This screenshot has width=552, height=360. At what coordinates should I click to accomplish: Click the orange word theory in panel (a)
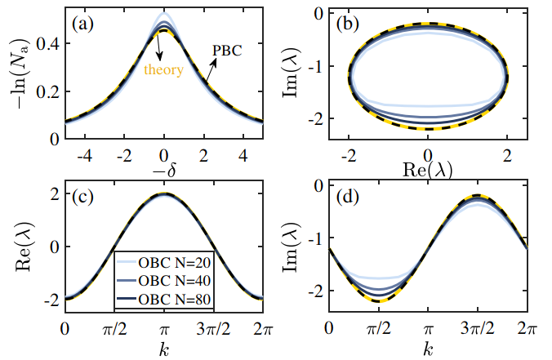coord(163,69)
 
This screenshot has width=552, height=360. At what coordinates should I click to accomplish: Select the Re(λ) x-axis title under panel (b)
coord(426,170)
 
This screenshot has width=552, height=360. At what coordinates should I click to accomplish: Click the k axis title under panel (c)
coord(163,349)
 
